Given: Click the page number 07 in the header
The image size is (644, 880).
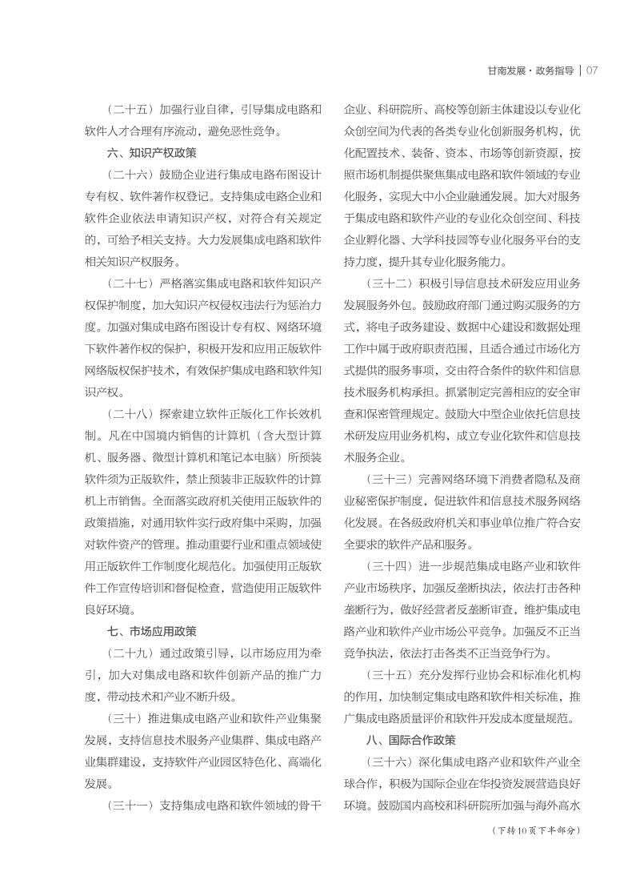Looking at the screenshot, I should pos(593,70).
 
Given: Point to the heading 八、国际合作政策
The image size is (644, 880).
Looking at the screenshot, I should pos(411,740).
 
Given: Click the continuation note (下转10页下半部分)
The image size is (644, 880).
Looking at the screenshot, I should pos(534,830).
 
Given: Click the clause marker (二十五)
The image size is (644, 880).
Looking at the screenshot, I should pos(130,108).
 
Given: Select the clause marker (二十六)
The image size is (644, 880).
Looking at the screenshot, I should pos(130,174).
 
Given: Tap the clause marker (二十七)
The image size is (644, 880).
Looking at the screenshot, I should pos(130,283).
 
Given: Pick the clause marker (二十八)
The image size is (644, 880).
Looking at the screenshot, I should pos(130,413).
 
